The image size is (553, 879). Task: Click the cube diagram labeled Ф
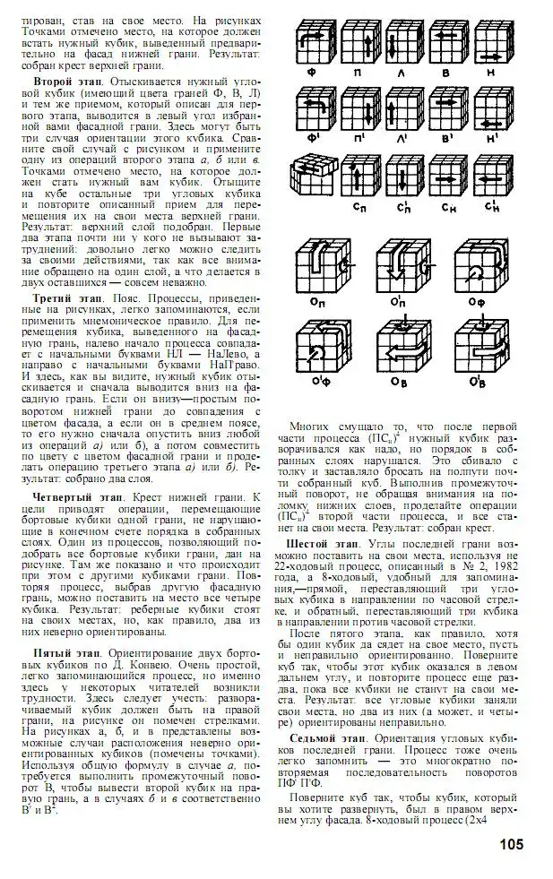pos(315,39)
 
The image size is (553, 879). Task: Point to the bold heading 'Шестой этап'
pos(321,543)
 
